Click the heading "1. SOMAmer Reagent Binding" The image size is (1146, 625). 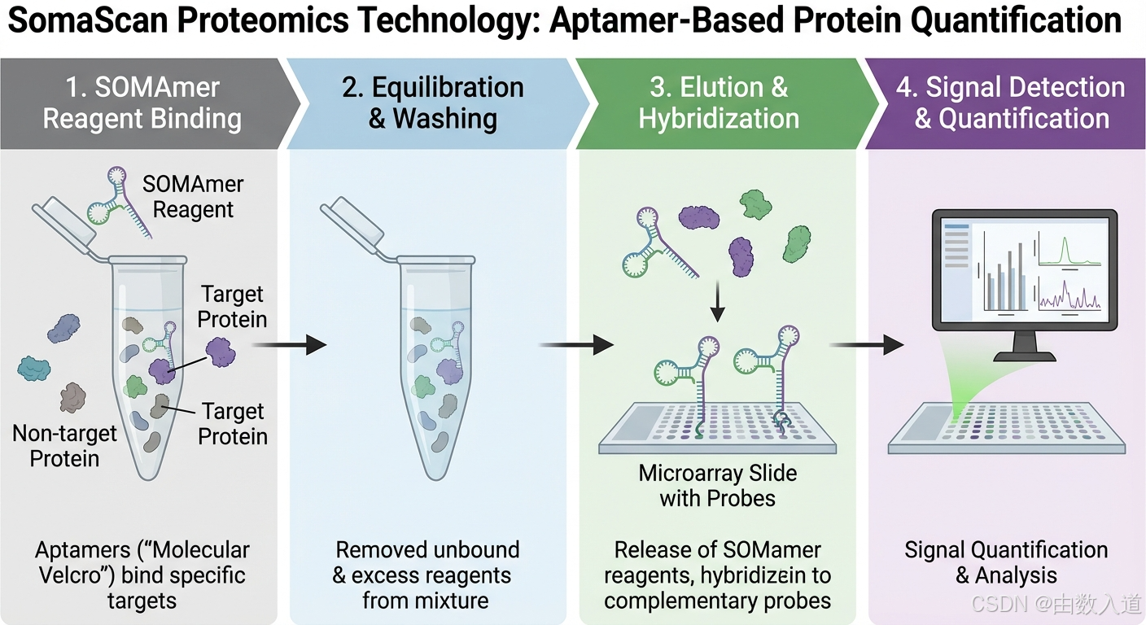(142, 103)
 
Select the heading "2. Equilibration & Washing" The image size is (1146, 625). (433, 103)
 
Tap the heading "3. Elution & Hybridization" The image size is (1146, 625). (719, 103)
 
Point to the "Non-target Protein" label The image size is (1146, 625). (64, 446)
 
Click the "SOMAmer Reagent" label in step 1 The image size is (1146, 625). (193, 196)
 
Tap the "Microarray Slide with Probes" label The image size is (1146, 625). (718, 485)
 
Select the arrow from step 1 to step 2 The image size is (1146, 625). (288, 345)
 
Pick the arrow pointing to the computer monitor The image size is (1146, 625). (867, 345)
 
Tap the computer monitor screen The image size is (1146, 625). (1024, 269)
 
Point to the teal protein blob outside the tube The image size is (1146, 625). (34, 369)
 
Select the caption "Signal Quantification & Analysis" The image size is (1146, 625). (1006, 562)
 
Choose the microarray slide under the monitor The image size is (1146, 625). (1007, 426)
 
